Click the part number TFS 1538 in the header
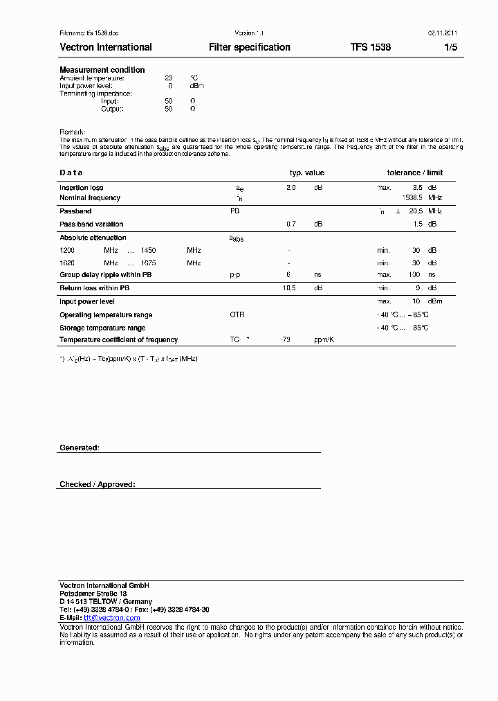(370, 47)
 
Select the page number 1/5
(450, 47)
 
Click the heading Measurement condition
(102, 70)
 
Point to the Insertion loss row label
(82, 188)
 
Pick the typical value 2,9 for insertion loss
(291, 188)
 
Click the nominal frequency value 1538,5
(413, 197)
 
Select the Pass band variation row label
(91, 224)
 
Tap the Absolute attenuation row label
(93, 238)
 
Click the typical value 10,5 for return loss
(290, 288)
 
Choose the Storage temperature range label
(102, 328)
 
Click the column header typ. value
(306, 172)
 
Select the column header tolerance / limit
(415, 172)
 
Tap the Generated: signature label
(80, 448)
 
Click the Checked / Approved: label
(98, 485)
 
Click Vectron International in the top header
(106, 47)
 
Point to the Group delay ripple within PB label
(105, 275)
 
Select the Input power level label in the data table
(86, 301)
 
